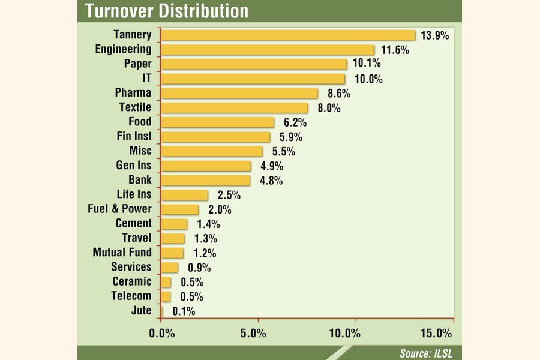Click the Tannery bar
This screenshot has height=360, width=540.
pyautogui.click(x=288, y=35)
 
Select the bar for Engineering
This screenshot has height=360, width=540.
pyautogui.click(x=268, y=50)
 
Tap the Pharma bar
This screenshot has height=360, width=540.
pyautogui.click(x=239, y=93)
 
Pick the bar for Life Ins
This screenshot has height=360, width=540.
pyautogui.click(x=185, y=195)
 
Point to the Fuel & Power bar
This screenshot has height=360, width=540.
pyautogui.click(x=180, y=209)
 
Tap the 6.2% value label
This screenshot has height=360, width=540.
pyautogui.click(x=292, y=122)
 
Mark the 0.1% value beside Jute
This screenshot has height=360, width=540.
pyautogui.click(x=184, y=311)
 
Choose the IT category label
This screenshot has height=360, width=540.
pyautogui.click(x=146, y=79)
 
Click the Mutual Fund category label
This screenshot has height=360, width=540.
pyautogui.click(x=122, y=253)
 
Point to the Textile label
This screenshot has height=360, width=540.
pyautogui.click(x=135, y=107)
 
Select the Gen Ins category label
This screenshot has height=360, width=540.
pyautogui.click(x=133, y=166)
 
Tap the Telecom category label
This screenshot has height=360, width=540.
pyautogui.click(x=131, y=296)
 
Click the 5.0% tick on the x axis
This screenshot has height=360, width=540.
pyautogui.click(x=257, y=333)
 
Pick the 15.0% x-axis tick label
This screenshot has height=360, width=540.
pyautogui.click(x=437, y=333)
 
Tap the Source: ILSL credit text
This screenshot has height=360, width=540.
pyautogui.click(x=427, y=353)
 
